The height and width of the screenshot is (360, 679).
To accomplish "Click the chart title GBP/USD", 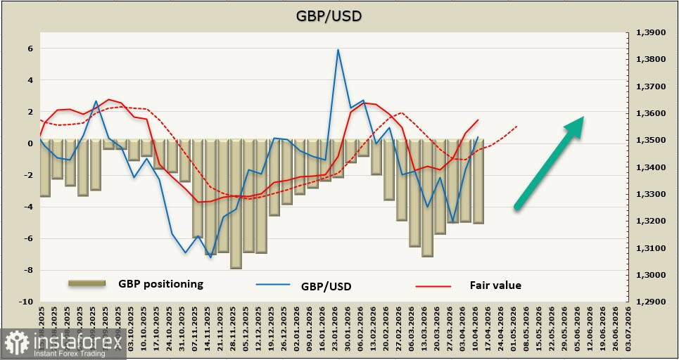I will point(339,15).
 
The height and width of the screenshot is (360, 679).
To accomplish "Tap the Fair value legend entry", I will point(495,285).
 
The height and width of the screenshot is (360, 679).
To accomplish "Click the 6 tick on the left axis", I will point(30,49).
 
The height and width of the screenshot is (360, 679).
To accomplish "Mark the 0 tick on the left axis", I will point(30,143).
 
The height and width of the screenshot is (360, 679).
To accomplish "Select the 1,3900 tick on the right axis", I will point(650,32).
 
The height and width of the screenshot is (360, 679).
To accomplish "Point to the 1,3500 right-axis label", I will point(650,141).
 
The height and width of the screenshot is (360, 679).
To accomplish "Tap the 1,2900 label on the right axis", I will point(650,302).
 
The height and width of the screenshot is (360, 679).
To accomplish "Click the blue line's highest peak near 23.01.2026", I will point(338,50).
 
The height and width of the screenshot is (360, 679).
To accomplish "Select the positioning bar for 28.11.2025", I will point(236,204).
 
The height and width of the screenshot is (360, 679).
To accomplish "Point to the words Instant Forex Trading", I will point(64,352).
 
